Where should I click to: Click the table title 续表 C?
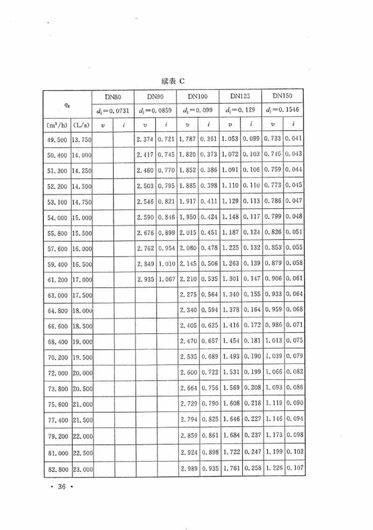coord(173,81)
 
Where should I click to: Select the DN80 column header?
coord(113,97)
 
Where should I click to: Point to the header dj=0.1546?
coord(283,110)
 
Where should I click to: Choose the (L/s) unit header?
coord(82,125)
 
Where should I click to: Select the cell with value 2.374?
coord(145,140)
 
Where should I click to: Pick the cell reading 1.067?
coord(166,280)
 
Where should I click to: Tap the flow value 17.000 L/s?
coord(82,280)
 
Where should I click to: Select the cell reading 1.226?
coord(274,468)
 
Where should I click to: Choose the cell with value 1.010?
coord(166,264)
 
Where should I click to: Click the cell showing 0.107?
coord(295,468)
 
